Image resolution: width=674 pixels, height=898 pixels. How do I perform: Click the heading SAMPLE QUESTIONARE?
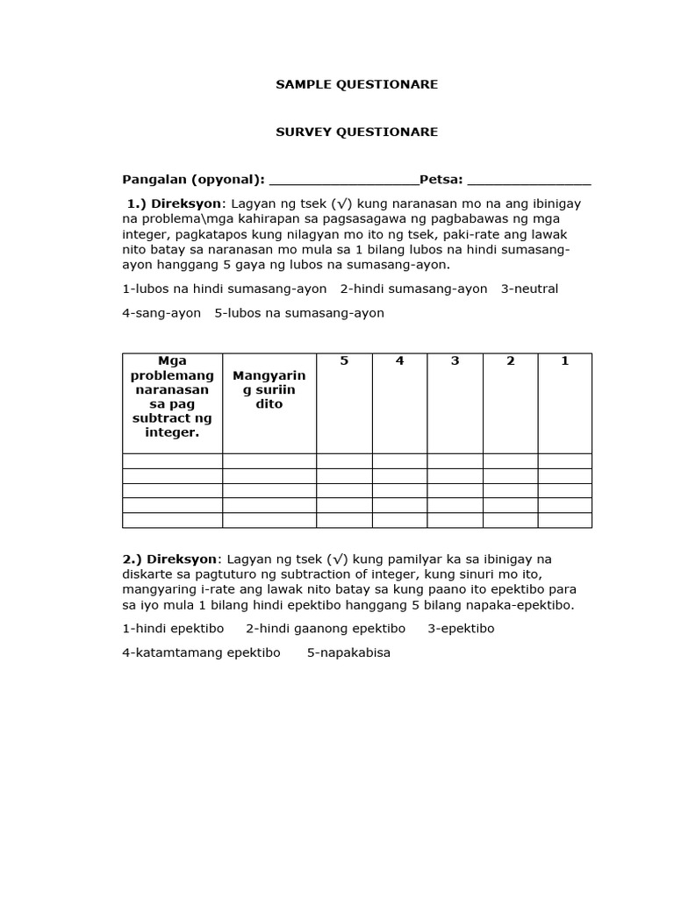point(356,85)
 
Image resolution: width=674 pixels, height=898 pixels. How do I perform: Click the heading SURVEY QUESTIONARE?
point(356,132)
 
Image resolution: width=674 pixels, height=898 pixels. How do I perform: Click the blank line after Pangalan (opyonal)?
point(343,182)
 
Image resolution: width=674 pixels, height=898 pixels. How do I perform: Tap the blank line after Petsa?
point(529,182)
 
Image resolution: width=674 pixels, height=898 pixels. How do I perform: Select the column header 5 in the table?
point(344,361)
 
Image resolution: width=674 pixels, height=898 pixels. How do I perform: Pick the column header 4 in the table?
point(399,361)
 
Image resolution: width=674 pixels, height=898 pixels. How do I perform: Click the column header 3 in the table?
point(455,361)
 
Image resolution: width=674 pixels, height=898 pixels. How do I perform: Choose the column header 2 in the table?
point(510,361)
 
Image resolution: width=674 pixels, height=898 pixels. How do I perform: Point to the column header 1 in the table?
point(564,361)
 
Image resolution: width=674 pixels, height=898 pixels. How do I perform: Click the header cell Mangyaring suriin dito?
point(269,390)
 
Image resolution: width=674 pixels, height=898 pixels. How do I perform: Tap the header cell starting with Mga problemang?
point(172,397)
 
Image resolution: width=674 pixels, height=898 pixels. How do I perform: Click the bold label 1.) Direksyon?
point(175,203)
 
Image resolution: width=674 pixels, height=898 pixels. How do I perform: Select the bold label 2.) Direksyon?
point(171,559)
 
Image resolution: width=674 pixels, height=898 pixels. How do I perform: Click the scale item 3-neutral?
point(529,289)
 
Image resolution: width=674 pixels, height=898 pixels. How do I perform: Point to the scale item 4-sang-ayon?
point(161,313)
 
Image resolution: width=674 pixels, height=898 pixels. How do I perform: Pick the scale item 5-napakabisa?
point(348,653)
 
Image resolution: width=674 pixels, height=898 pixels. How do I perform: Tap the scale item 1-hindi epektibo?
point(173,629)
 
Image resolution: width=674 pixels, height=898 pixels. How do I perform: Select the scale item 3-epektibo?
point(461,629)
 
